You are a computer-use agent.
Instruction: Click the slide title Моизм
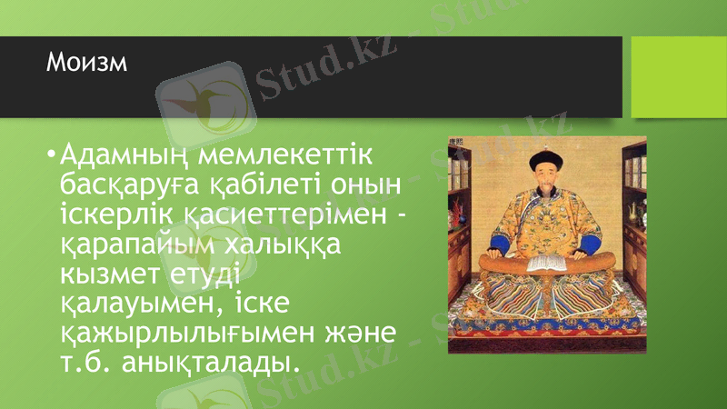click(x=87, y=63)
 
